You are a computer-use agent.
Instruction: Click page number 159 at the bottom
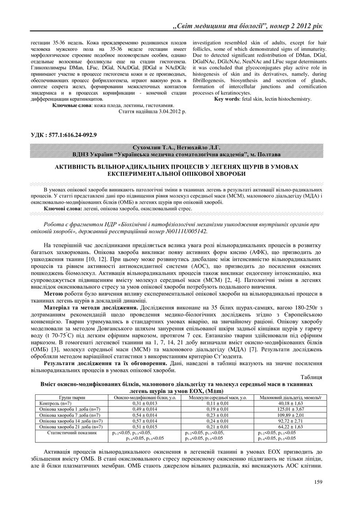[x=318, y=482]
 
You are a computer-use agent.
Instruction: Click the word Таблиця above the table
[x=310, y=377]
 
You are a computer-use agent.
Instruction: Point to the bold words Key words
[x=228, y=98]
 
